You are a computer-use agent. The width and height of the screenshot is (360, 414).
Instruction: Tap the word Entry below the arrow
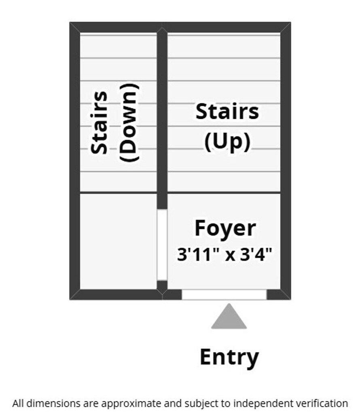click(229, 357)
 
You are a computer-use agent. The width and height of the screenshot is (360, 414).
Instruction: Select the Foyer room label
click(225, 228)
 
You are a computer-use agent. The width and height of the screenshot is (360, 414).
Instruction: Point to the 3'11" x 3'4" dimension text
click(225, 255)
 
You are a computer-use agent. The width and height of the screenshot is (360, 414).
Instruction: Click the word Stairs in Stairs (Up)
click(227, 112)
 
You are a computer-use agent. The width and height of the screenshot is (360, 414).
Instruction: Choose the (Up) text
click(227, 142)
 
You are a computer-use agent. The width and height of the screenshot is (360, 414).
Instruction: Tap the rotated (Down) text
click(129, 123)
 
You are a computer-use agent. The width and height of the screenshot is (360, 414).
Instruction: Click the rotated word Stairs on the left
click(100, 123)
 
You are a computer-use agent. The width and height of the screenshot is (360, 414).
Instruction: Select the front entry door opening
click(224, 294)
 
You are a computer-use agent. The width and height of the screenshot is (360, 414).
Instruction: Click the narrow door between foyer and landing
click(162, 245)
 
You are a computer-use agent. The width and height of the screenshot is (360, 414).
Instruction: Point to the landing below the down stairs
click(118, 241)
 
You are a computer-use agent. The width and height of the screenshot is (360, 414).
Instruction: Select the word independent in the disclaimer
click(253, 403)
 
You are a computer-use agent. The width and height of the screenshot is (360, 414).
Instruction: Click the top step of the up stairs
click(224, 46)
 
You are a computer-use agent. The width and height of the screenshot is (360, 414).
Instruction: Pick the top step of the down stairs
click(118, 46)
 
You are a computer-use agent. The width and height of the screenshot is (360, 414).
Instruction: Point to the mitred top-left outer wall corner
click(75, 27)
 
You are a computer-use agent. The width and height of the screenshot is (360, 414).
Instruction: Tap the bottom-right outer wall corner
click(286, 294)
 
